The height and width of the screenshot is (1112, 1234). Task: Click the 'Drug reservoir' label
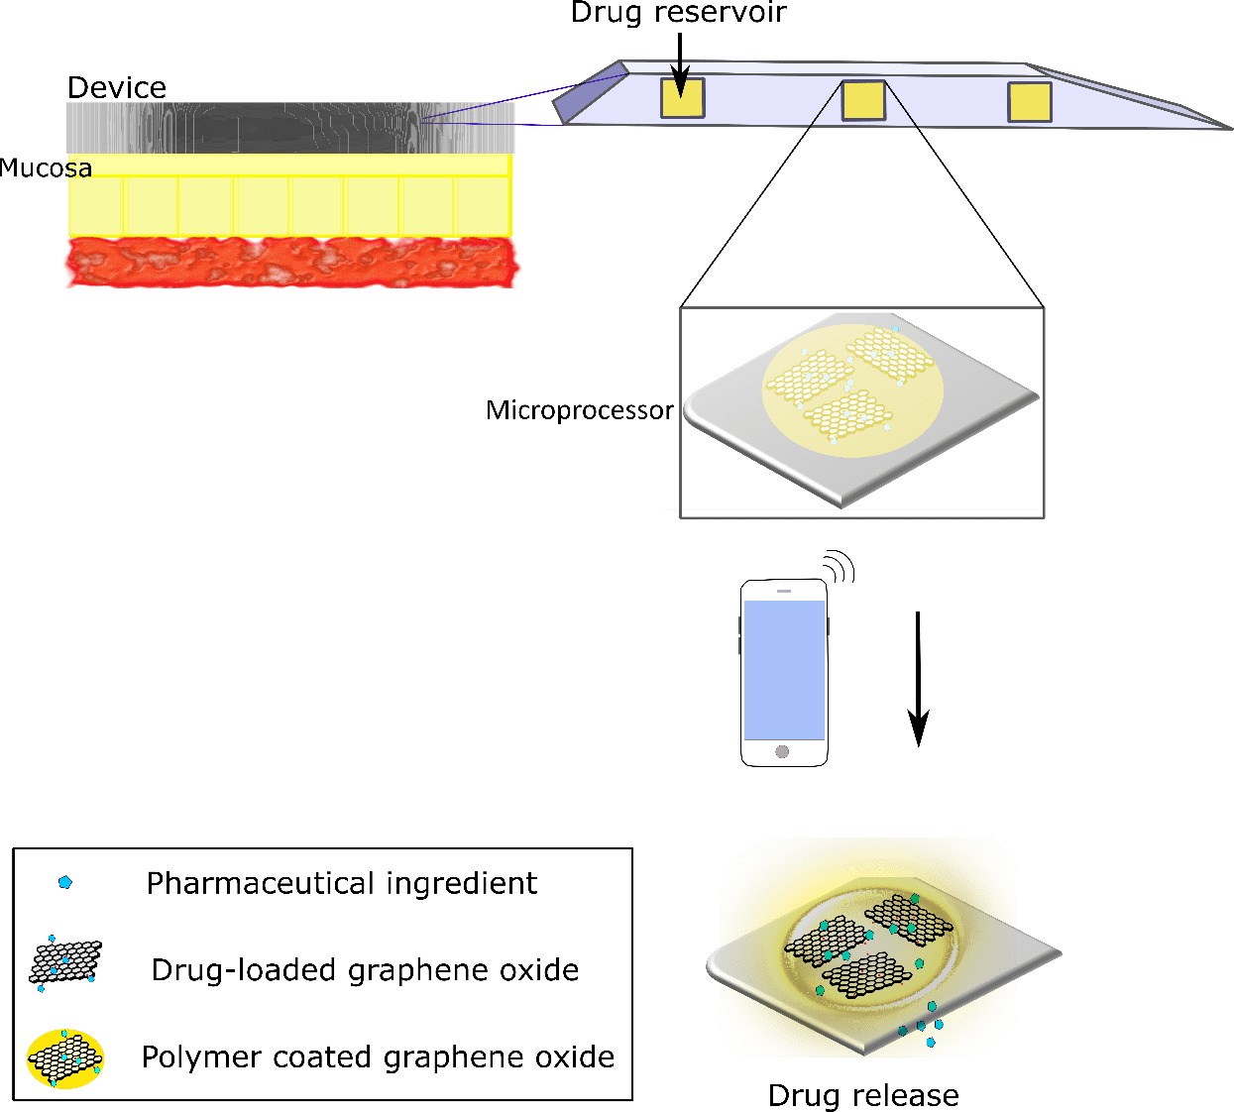(x=679, y=12)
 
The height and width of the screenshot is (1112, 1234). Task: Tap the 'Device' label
(x=117, y=87)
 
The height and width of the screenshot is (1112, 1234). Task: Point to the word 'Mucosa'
(x=46, y=168)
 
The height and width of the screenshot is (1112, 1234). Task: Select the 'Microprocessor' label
(x=580, y=410)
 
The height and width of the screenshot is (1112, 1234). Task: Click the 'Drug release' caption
(x=863, y=1095)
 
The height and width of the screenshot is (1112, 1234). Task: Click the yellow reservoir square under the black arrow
(x=682, y=98)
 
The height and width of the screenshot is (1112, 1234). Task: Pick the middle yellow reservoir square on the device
(x=863, y=101)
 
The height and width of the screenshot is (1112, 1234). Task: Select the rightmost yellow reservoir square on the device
(x=1029, y=102)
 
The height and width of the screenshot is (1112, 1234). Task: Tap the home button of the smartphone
(x=782, y=751)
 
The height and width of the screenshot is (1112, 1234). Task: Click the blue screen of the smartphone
(x=784, y=670)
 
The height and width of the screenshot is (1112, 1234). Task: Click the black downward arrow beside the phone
(x=919, y=679)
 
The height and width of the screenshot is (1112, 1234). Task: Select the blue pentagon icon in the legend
(x=65, y=882)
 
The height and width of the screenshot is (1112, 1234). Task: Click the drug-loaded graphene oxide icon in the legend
(x=64, y=963)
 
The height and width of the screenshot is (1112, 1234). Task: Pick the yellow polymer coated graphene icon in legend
(x=65, y=1057)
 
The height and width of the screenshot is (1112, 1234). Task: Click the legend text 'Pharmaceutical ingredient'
(x=342, y=884)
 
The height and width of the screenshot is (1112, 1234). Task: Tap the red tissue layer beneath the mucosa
(x=291, y=263)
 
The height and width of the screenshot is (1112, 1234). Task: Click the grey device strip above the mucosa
(x=290, y=128)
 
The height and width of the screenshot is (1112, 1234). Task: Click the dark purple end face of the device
(x=590, y=92)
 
